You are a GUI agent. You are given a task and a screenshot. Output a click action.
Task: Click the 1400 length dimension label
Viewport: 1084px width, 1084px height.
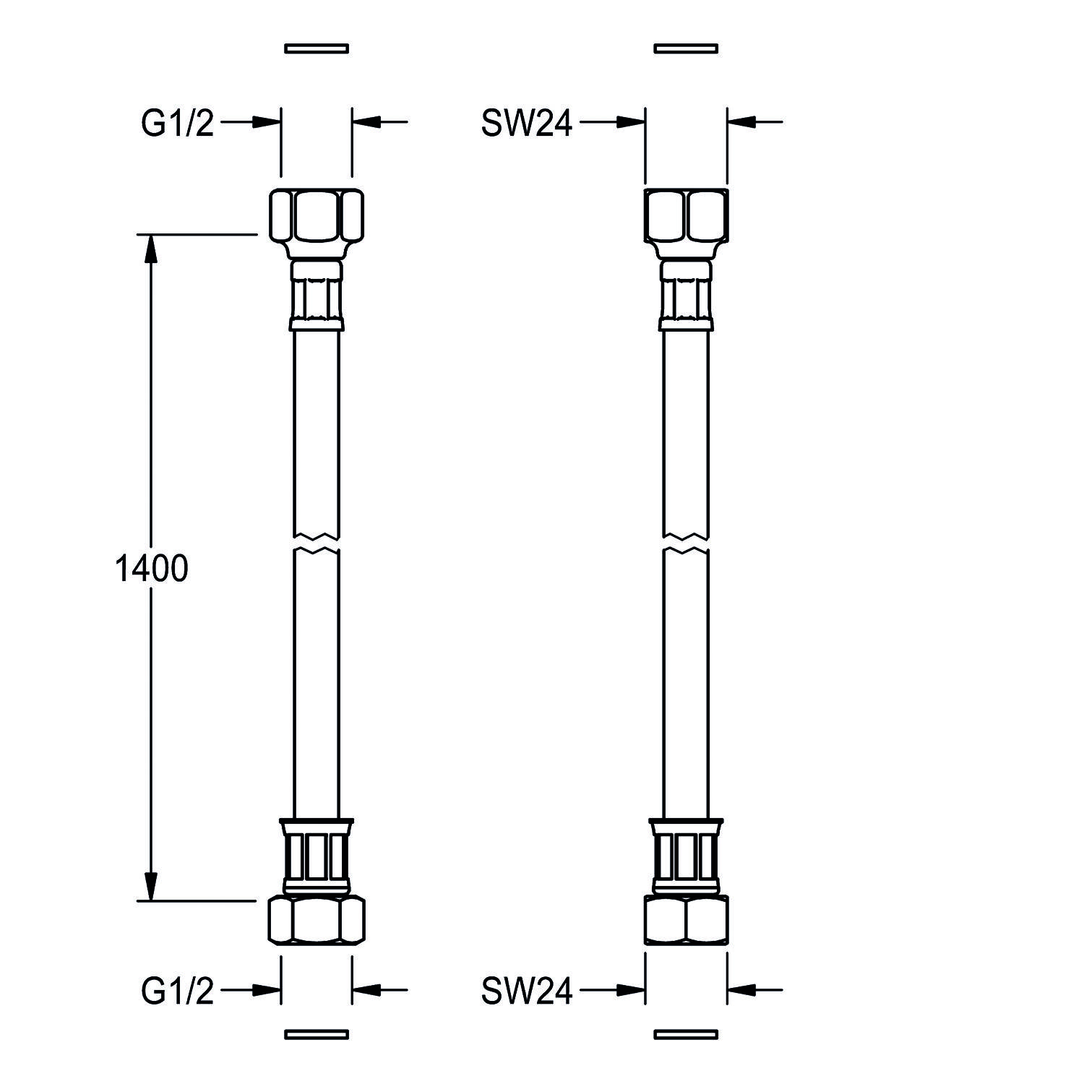click(x=152, y=569)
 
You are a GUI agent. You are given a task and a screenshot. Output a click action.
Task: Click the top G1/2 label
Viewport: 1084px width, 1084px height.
click(x=178, y=123)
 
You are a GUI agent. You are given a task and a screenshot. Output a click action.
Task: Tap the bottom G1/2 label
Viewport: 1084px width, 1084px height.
click(x=178, y=991)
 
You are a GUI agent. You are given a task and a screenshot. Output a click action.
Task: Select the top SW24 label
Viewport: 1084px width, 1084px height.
click(x=527, y=123)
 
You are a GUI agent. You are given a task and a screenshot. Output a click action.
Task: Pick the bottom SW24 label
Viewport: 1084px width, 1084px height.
click(x=527, y=991)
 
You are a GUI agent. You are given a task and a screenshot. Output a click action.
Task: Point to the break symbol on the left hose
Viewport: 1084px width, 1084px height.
click(x=317, y=543)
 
